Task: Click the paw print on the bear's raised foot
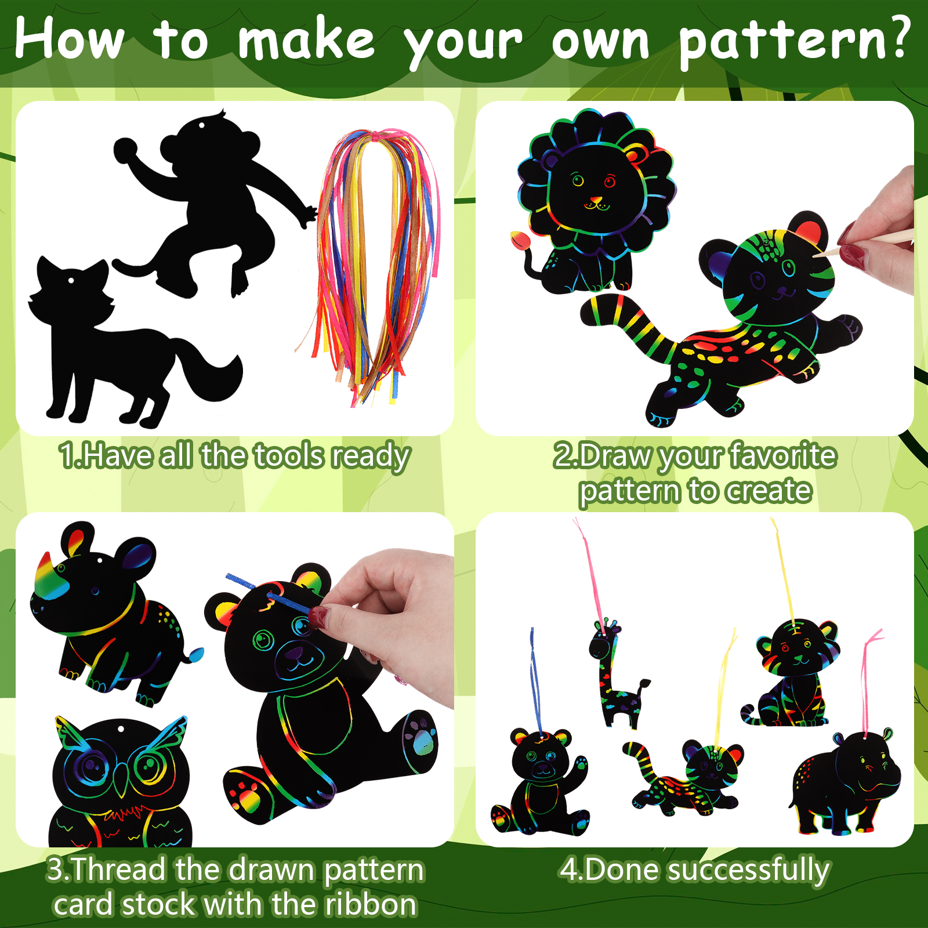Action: pos(422,735)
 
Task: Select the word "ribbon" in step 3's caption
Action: pos(371,904)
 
